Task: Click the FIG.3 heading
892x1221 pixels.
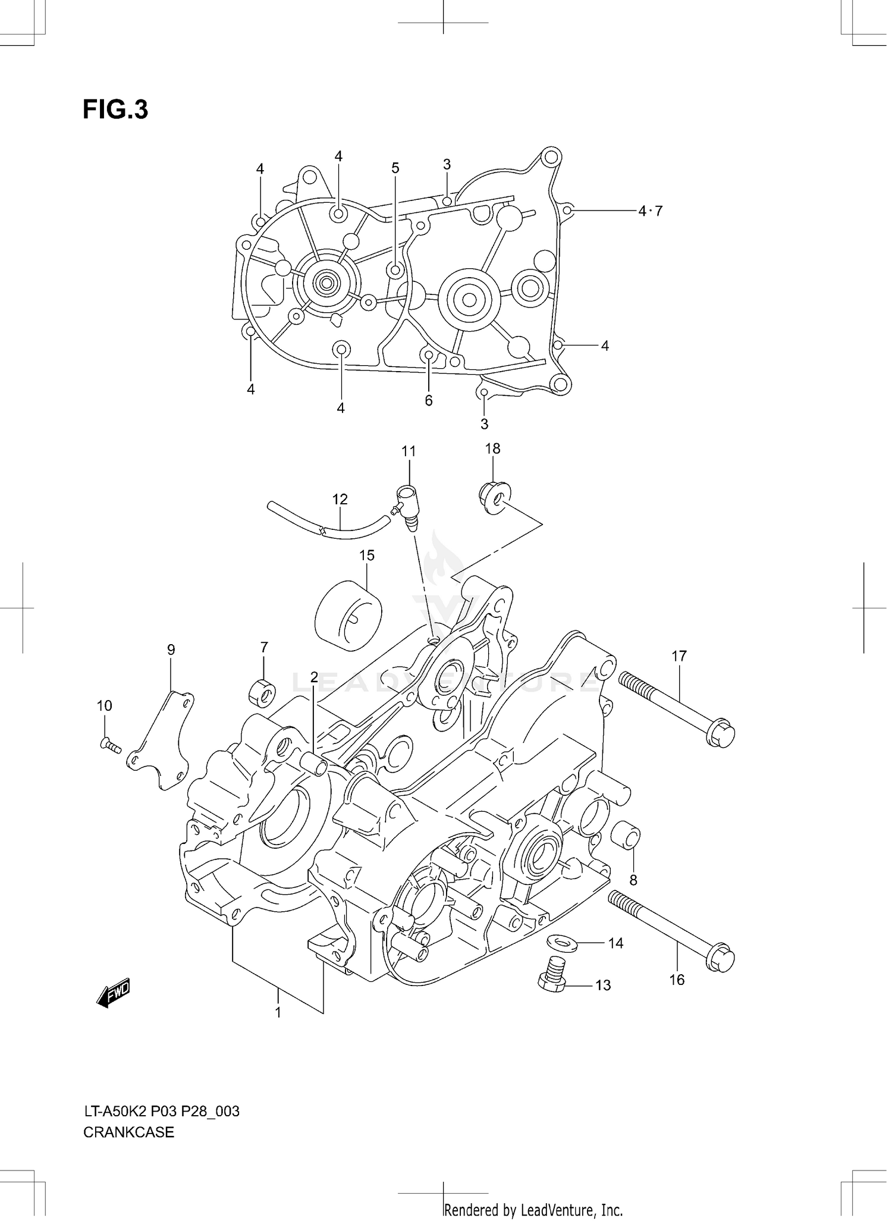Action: point(115,110)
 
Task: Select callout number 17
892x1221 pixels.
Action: point(679,656)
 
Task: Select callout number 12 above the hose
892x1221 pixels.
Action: point(340,499)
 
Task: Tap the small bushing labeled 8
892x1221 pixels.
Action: point(626,837)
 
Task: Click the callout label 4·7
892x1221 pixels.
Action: point(650,211)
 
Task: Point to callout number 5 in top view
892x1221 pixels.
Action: point(395,168)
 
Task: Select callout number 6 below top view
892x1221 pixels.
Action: point(429,400)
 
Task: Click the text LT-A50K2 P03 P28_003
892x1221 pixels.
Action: point(161,1111)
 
